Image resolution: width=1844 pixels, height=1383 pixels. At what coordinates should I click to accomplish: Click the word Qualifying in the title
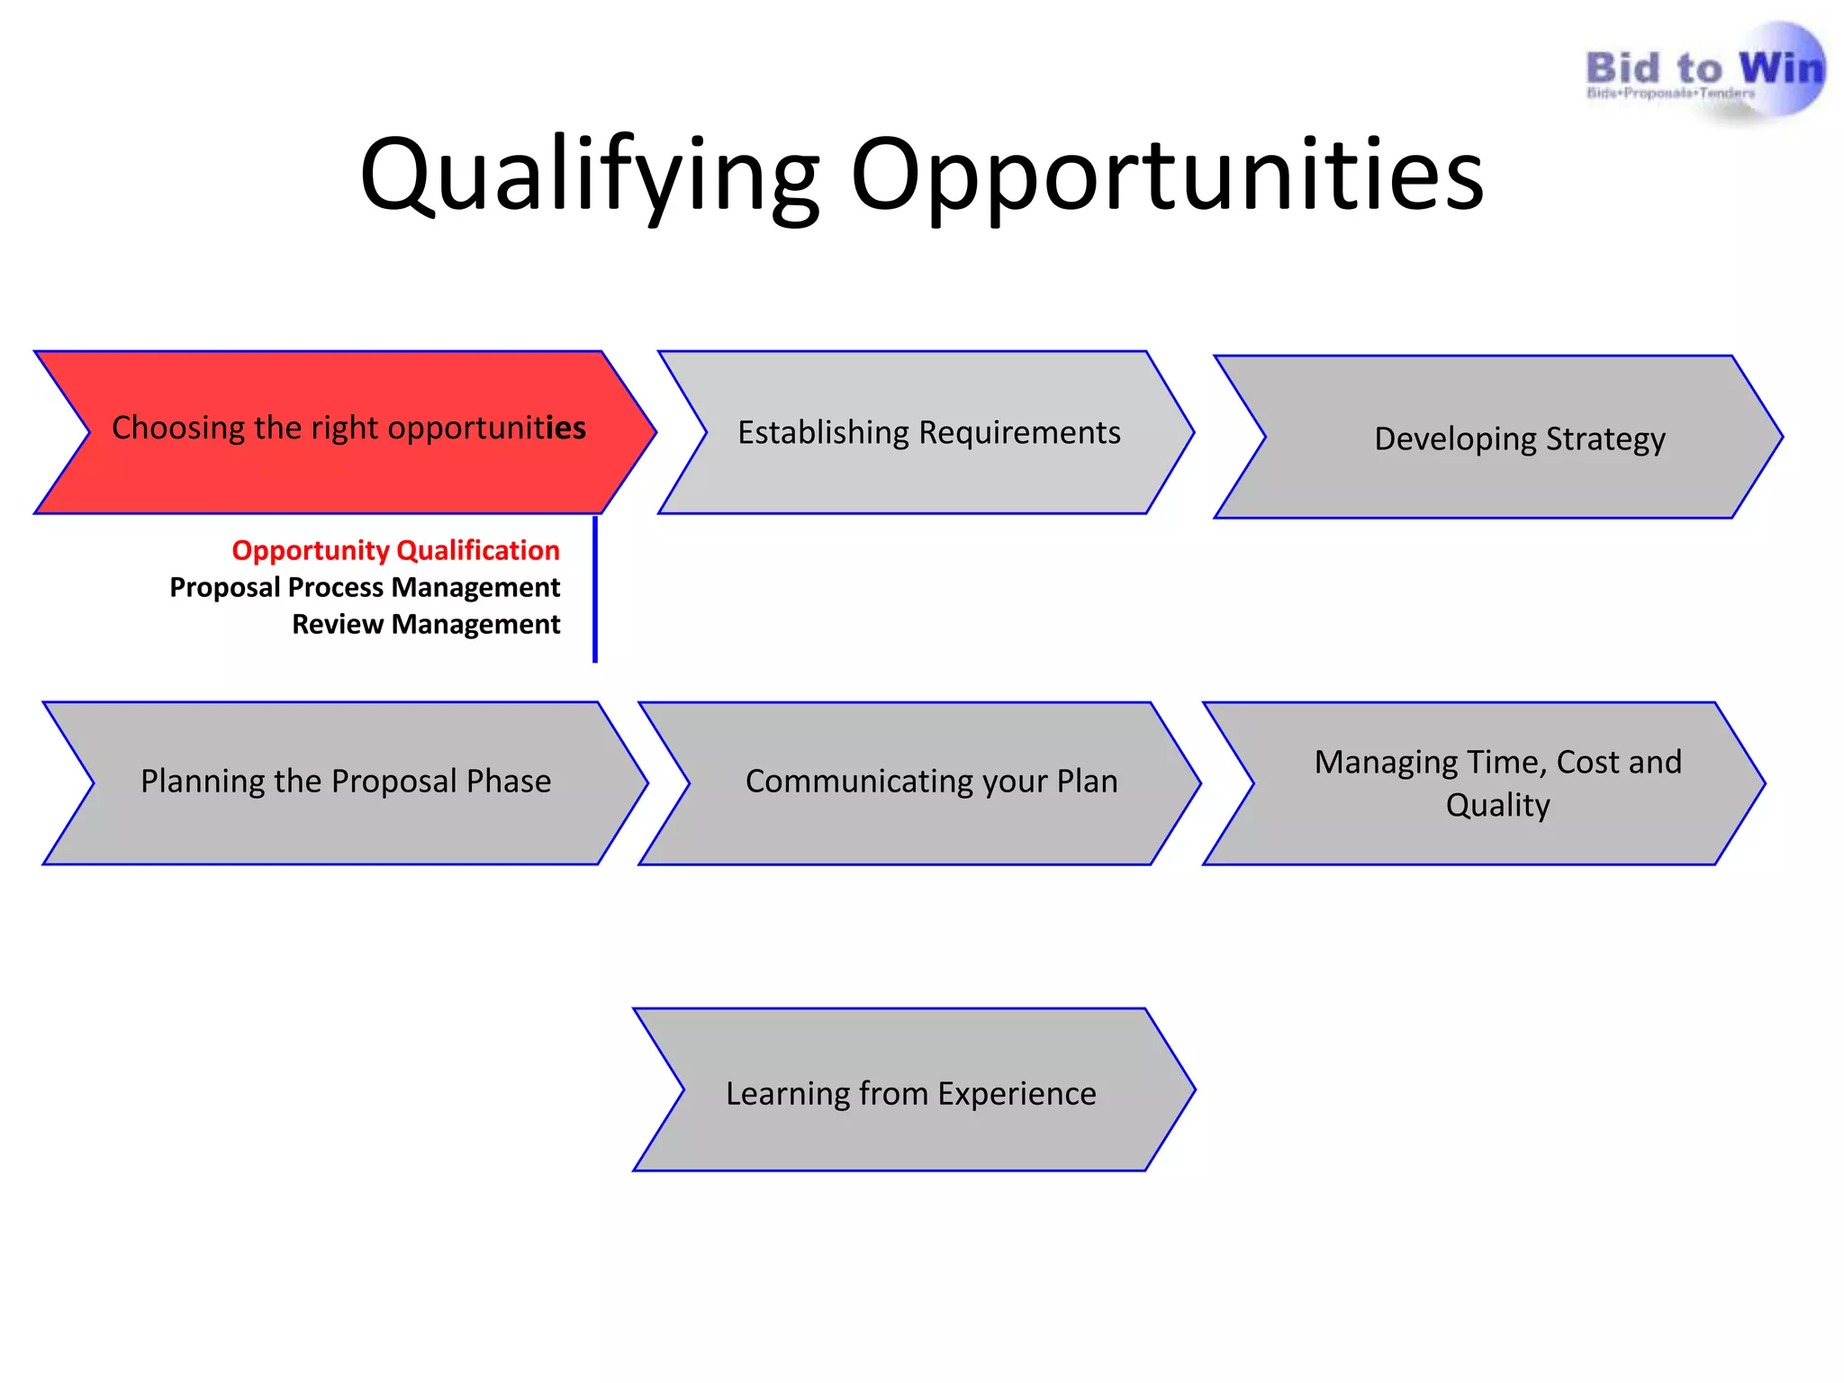(590, 176)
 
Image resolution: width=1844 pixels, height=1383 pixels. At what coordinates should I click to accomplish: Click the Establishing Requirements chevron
(927, 433)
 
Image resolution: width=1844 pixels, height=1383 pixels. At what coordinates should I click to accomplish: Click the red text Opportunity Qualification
(395, 550)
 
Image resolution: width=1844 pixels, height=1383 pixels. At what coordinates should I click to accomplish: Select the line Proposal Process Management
(365, 587)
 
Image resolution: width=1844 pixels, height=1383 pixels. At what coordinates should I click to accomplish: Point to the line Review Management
(426, 624)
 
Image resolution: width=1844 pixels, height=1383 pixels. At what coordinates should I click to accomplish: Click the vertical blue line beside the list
(595, 590)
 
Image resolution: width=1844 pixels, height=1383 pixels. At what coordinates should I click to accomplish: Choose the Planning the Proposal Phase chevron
(346, 782)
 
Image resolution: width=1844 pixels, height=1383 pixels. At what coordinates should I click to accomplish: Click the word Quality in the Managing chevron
(1497, 805)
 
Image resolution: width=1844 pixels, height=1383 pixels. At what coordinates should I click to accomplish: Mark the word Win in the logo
(1780, 68)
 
